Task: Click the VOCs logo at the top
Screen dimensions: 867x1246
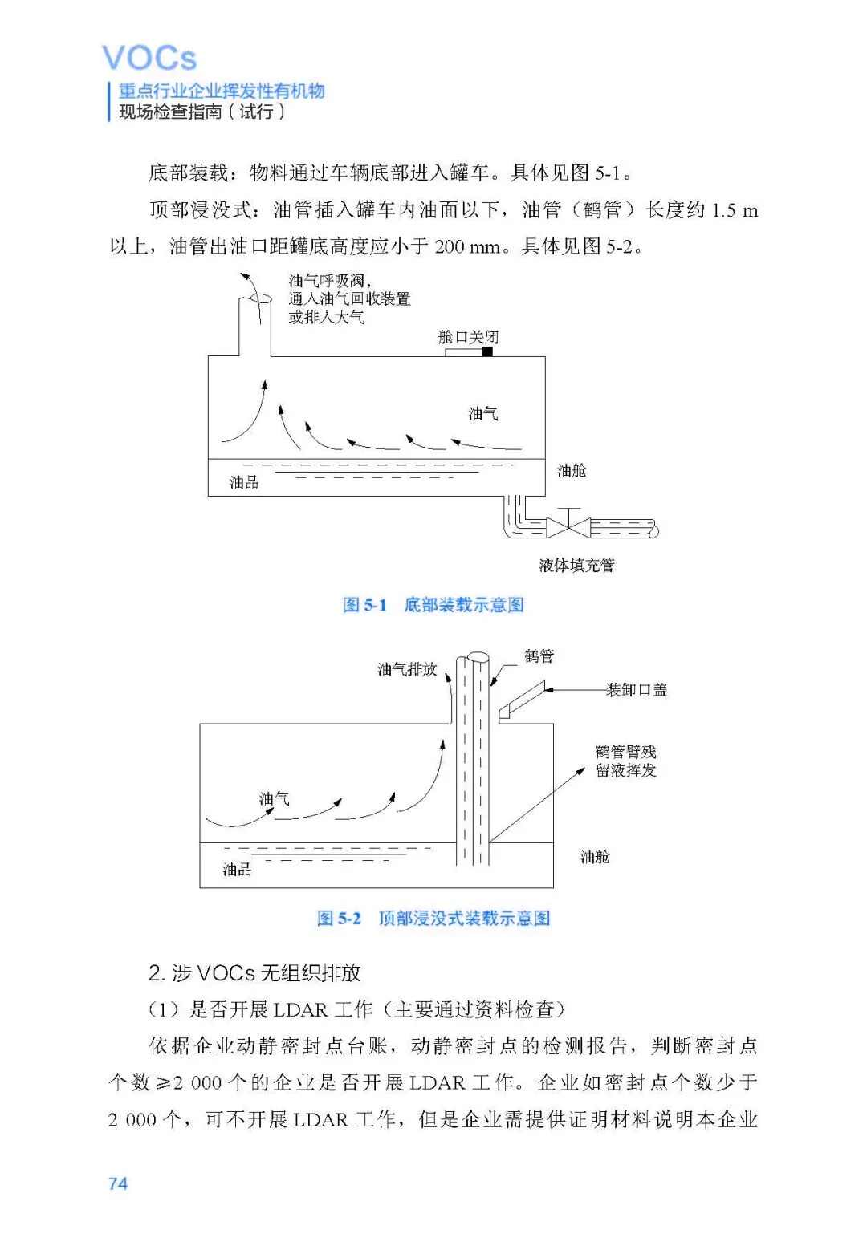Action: (x=149, y=59)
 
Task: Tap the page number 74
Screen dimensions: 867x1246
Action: (x=118, y=1183)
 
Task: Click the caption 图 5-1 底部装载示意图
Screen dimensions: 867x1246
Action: (x=433, y=605)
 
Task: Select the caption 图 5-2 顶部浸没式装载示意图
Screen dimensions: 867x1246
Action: (x=433, y=919)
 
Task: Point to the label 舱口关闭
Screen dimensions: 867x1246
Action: (x=468, y=337)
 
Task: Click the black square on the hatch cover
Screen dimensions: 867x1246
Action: (x=487, y=351)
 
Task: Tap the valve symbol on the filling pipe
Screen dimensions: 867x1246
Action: (x=568, y=526)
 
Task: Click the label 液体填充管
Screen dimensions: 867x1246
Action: (x=576, y=566)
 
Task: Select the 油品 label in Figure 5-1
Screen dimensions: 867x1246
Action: (x=244, y=482)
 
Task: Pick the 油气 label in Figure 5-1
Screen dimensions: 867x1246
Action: (x=483, y=414)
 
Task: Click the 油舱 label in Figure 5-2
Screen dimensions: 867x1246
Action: (x=595, y=858)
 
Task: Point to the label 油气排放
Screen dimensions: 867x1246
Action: (x=407, y=669)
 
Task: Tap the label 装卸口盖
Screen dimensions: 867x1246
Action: (x=637, y=690)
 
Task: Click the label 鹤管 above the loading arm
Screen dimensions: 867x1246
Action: (x=539, y=656)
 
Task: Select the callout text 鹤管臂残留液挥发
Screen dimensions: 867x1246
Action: (x=626, y=761)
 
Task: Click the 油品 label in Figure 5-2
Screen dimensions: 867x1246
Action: (x=237, y=870)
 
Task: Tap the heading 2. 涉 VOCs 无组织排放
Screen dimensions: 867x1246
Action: (x=254, y=973)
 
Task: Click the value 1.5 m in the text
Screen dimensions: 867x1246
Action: (x=735, y=211)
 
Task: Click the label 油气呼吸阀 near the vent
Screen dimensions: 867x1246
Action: (x=328, y=281)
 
